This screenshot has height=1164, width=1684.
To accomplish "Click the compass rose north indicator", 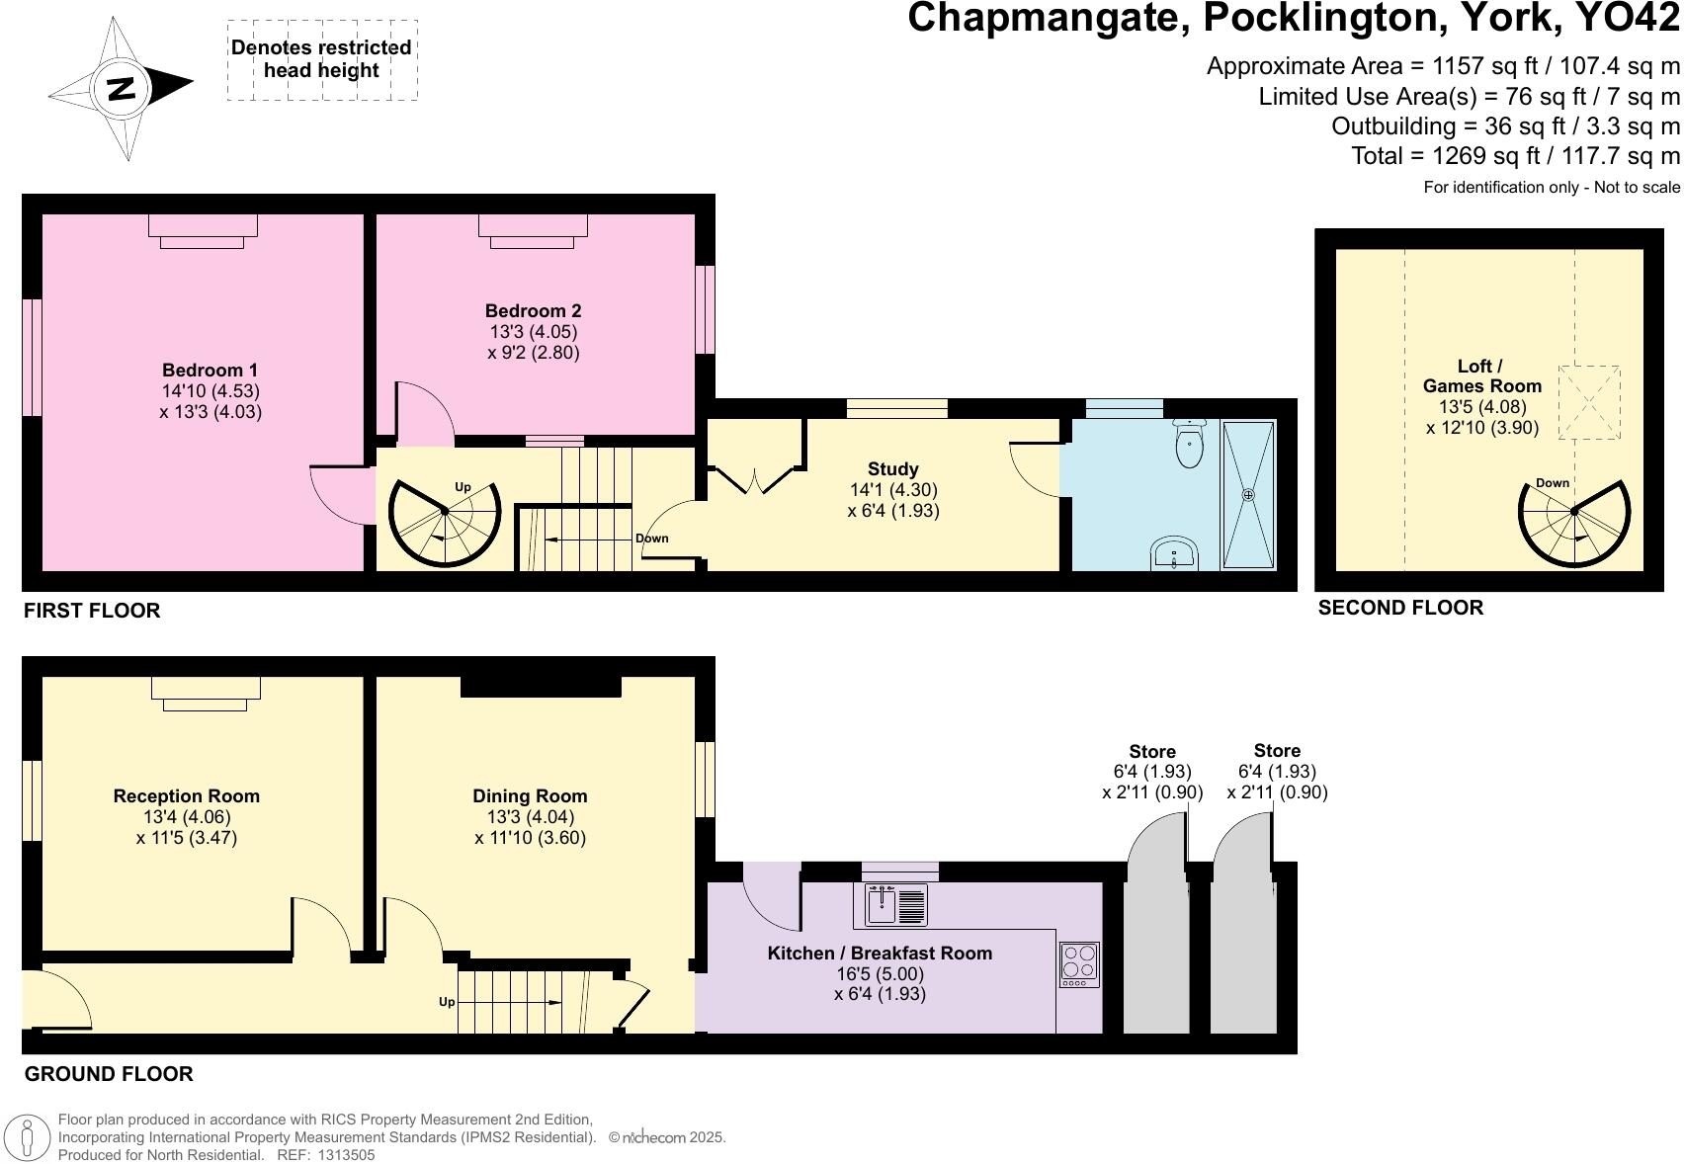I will click(x=121, y=89).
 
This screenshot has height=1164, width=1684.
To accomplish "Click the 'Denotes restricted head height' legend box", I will click(x=321, y=59).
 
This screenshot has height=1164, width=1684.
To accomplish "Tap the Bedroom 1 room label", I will click(x=210, y=371).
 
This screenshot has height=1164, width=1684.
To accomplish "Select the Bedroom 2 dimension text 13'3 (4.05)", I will click(x=534, y=332).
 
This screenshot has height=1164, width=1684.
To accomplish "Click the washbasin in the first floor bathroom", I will click(x=1176, y=553).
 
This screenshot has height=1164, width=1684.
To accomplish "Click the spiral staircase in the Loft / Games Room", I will click(x=1574, y=524).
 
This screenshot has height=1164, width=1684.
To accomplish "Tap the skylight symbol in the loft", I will click(x=1589, y=402).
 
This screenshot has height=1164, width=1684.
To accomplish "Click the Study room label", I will click(x=892, y=469).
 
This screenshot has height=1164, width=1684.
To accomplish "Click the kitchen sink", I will click(x=895, y=904).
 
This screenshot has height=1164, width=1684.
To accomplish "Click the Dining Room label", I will click(x=530, y=796).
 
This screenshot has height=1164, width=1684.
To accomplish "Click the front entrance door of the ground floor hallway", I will click(x=44, y=998).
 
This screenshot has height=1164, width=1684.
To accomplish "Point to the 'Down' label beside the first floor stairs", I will click(x=651, y=539).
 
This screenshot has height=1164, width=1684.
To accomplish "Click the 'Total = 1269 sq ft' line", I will click(x=1515, y=156).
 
